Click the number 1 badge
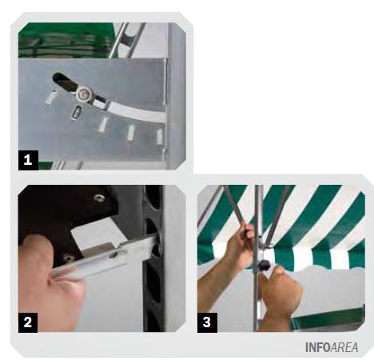point(28,160)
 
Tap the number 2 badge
point(28,322)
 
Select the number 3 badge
point(207,322)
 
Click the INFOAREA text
point(332,347)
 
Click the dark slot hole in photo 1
point(63,81)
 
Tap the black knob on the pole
point(265,265)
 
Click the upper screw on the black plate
point(100,198)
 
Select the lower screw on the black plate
point(69,258)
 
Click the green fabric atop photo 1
point(66,40)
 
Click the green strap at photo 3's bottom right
point(328,319)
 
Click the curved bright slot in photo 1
point(136,111)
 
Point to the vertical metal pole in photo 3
point(258,258)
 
